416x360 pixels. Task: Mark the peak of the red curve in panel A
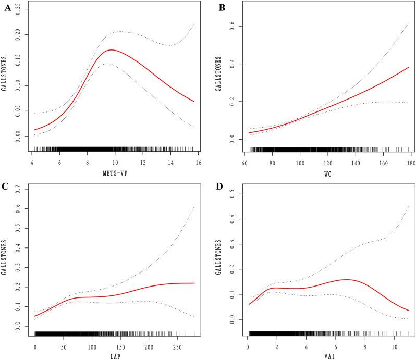pyautogui.click(x=111, y=50)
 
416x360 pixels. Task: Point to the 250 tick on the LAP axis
pyautogui.click(x=177, y=346)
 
